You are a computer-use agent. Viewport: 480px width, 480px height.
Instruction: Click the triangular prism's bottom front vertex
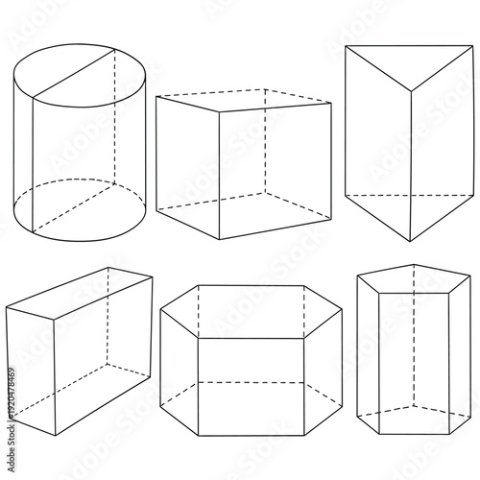point(413,241)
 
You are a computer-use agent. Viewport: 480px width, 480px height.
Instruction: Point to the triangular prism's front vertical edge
point(413,163)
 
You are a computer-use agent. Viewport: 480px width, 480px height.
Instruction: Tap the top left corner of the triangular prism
point(346,46)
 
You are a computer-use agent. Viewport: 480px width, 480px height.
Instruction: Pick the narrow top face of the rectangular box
point(77,288)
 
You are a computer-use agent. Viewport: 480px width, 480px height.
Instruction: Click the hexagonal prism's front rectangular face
point(250,384)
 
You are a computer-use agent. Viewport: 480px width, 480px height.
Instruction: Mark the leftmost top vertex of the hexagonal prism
point(160,308)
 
